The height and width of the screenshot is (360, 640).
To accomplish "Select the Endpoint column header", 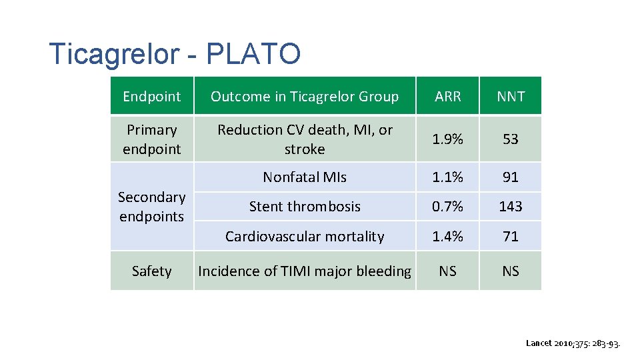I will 151,97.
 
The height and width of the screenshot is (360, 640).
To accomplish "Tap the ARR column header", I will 447,97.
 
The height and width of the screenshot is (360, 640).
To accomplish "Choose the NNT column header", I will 511,97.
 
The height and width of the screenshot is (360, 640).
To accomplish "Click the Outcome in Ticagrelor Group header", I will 305,97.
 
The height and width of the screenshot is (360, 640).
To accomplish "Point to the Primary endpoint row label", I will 151,139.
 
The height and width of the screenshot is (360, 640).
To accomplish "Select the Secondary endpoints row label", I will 151,207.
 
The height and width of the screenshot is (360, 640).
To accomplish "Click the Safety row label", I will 151,271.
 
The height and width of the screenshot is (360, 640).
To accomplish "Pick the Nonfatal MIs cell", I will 305,177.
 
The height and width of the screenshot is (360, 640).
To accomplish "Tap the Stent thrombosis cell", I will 305,207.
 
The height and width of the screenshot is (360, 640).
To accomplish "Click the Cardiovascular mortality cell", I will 305,237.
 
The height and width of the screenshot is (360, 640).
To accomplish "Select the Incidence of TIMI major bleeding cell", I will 305,271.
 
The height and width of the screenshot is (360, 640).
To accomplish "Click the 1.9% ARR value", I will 447,139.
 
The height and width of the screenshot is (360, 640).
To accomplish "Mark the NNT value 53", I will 511,139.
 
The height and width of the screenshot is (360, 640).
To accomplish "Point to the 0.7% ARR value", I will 447,207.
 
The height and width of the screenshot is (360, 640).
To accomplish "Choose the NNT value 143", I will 511,207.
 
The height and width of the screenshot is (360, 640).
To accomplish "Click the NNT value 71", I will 511,237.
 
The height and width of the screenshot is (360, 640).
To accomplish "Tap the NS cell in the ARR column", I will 447,271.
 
